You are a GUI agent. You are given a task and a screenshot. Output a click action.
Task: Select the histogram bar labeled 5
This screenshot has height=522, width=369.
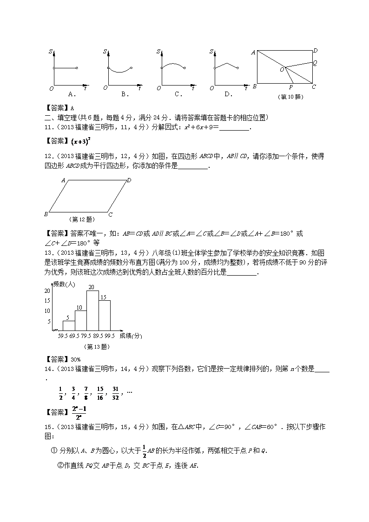coord(69,325)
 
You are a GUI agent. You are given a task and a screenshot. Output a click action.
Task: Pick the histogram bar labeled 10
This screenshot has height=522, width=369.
coord(80,320)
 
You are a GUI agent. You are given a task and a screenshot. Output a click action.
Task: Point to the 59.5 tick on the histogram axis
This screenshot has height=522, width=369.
coord(62,335)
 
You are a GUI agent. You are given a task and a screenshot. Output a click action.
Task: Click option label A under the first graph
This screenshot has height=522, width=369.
coord(72,94)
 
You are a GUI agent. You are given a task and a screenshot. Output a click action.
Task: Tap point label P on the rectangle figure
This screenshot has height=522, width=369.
coord(291,87)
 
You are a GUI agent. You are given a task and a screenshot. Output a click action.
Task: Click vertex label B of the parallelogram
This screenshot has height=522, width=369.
coord(46,214)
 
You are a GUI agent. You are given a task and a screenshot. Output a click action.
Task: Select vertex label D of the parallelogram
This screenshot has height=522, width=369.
coord(129,180)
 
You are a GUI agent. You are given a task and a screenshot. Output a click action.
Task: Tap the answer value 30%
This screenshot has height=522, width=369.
coord(75,359)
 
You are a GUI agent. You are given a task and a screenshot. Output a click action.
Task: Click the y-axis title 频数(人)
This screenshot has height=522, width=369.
coord(64,284)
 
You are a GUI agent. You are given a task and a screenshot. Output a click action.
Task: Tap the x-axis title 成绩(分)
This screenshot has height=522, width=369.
coord(131,335)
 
